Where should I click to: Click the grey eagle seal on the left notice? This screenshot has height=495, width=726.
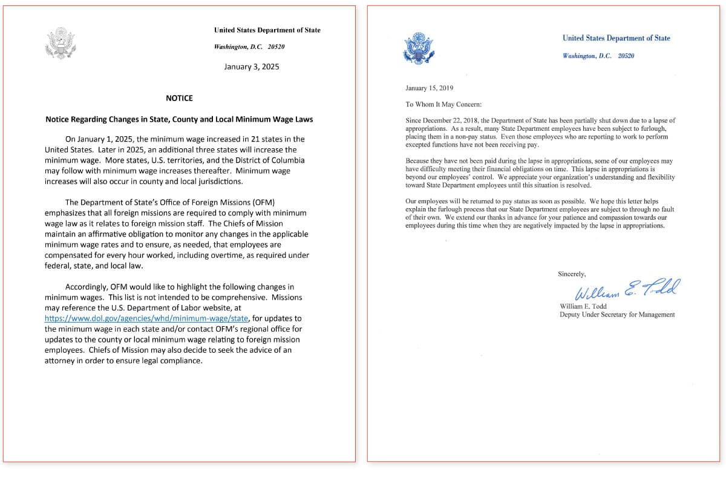60,43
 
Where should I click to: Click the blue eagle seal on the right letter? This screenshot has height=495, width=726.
418,49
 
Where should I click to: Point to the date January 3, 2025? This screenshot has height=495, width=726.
252,67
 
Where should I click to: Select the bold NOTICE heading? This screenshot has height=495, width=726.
179,98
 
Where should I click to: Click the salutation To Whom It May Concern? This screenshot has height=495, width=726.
443,104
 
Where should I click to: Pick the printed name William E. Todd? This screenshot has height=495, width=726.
583,306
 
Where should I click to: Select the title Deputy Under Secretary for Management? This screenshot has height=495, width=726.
617,315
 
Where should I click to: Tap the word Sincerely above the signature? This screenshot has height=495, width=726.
572,274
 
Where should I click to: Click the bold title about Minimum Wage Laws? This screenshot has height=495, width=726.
179,119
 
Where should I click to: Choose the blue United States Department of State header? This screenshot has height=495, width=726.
616,38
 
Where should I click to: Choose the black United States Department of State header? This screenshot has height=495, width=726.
267,30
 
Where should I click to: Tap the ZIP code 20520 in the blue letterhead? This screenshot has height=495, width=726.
626,56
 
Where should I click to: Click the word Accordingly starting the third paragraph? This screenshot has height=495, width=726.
86,287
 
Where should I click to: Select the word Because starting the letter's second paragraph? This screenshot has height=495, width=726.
419,161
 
